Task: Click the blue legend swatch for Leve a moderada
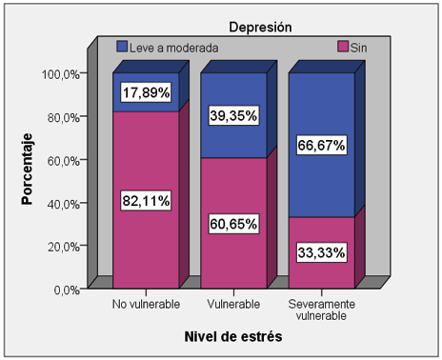pyautogui.click(x=123, y=46)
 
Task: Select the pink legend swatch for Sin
pyautogui.click(x=344, y=46)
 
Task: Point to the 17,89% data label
pyautogui.click(x=146, y=93)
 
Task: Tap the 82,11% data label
pyautogui.click(x=146, y=200)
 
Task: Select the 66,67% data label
pyautogui.click(x=320, y=145)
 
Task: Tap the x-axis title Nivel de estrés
pyautogui.click(x=232, y=336)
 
